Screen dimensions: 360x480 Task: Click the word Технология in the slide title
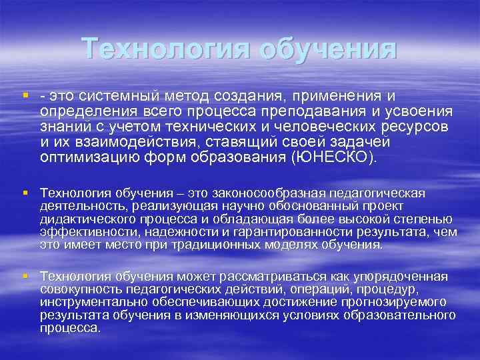[x=166, y=49]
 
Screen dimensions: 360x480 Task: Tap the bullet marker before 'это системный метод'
[x=25, y=95]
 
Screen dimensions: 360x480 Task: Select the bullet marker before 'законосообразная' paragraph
[x=25, y=193]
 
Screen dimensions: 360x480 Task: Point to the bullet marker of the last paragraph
[x=25, y=276]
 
